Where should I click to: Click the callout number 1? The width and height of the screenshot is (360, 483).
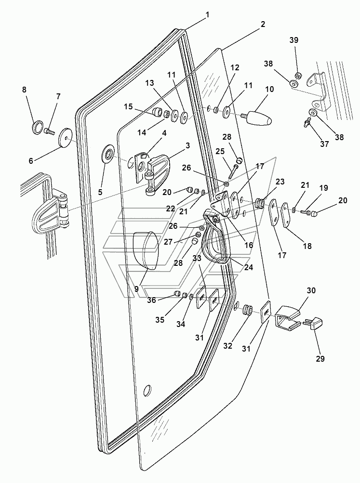pos(207,14)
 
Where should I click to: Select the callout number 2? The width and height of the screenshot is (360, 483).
pos(263,24)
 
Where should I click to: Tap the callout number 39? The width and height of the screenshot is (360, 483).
pos(293,40)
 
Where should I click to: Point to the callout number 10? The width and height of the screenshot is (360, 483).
pos(269,90)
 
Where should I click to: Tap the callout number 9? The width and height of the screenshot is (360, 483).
pos(136,289)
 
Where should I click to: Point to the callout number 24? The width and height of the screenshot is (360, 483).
pos(248,267)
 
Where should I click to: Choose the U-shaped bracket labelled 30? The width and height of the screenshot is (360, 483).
pos(287,318)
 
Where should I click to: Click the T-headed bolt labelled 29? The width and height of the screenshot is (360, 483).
pos(314,324)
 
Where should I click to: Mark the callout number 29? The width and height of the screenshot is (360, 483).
pos(320,359)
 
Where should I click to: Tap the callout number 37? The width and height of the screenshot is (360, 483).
pos(324,144)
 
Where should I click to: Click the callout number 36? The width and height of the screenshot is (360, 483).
pos(151,300)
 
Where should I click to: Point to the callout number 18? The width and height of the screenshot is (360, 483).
pos(307,246)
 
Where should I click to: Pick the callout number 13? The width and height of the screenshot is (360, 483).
pos(150,83)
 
